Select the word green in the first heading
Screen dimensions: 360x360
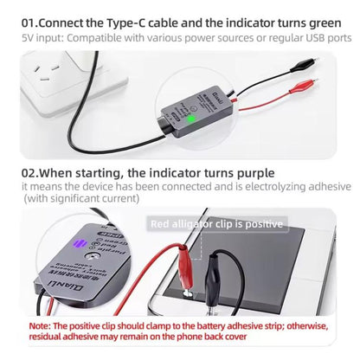[x=328, y=19]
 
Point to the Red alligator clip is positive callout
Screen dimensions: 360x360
[x=216, y=224]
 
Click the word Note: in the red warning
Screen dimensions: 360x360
[x=42, y=326]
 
